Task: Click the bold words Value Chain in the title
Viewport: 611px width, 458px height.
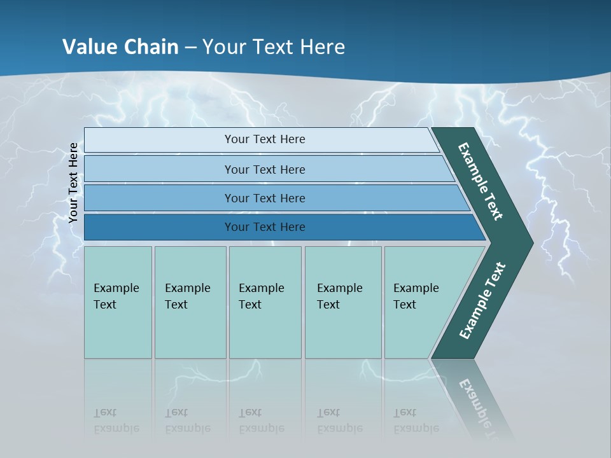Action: (120, 47)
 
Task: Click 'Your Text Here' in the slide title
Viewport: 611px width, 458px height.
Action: (274, 47)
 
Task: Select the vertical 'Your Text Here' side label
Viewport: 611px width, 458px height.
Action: (73, 183)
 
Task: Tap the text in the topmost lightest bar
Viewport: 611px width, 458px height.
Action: (265, 139)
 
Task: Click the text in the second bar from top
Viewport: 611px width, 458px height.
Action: (265, 169)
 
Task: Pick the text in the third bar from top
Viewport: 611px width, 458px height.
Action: (265, 198)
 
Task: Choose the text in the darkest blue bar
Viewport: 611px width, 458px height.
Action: (265, 227)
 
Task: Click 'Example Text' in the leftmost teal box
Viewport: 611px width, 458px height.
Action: (116, 296)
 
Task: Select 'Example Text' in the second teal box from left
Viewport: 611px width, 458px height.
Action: (187, 296)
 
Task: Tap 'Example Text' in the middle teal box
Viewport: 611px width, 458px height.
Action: (261, 296)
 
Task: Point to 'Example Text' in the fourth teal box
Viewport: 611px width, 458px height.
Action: (339, 296)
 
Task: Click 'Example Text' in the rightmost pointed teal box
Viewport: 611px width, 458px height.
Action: (416, 296)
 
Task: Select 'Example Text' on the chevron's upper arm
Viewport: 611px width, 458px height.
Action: (481, 181)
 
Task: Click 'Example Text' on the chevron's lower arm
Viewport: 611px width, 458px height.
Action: (482, 301)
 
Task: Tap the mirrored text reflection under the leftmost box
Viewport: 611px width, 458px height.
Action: (116, 421)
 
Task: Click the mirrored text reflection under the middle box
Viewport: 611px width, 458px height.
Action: (261, 421)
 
